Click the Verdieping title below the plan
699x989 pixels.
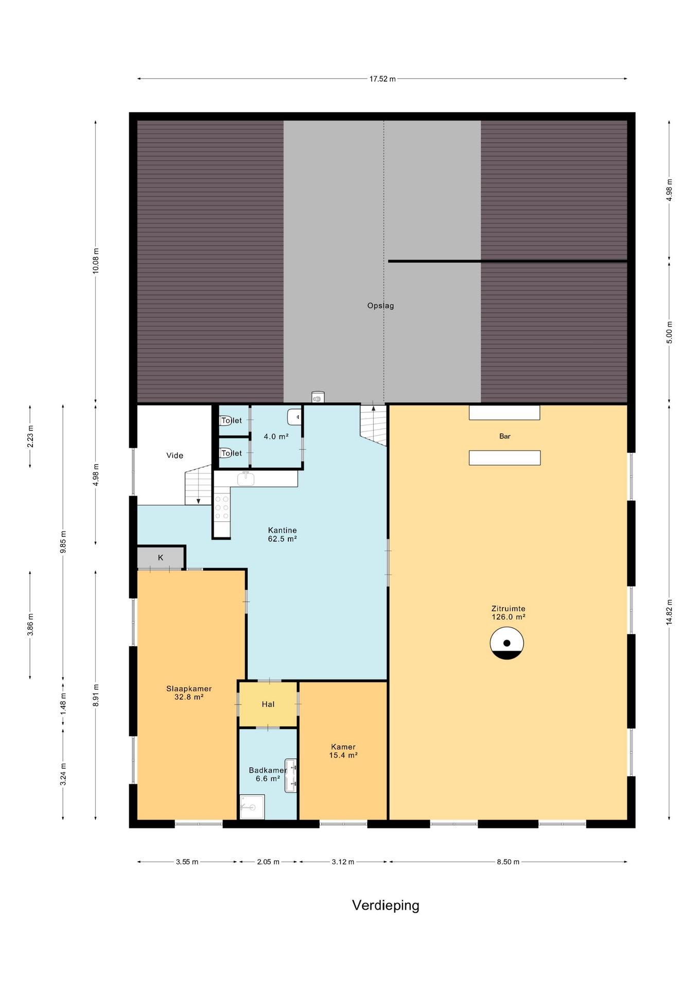[x=386, y=906]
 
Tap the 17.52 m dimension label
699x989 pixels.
[x=382, y=79]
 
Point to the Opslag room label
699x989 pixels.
[x=380, y=306]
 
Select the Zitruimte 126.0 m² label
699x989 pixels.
[x=508, y=612]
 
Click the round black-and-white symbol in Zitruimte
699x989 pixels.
[x=506, y=643]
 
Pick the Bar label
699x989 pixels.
[x=505, y=436]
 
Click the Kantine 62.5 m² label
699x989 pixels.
[x=282, y=534]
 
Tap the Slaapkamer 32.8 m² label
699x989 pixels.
[x=189, y=693]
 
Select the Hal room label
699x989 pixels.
[x=268, y=704]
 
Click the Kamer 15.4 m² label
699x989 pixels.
[x=343, y=751]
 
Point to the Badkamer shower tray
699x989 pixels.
[x=252, y=807]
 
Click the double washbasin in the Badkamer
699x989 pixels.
[x=291, y=776]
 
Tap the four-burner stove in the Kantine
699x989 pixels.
[x=222, y=507]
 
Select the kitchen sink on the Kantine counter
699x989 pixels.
[x=246, y=479]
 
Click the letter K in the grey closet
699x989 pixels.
[x=161, y=557]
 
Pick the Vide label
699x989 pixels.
[x=174, y=455]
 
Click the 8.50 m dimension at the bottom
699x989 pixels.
[x=508, y=862]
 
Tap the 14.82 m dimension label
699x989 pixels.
[x=669, y=612]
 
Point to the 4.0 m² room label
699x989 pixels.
[x=276, y=436]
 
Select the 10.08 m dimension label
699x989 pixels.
[x=95, y=261]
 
